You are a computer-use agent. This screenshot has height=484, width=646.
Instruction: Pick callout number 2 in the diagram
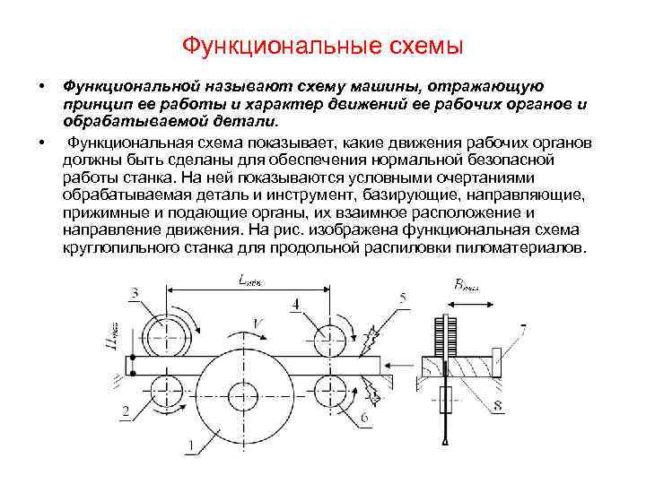(x=126, y=411)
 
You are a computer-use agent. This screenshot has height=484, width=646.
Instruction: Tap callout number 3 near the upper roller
(x=135, y=293)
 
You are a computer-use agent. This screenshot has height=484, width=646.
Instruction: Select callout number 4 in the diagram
(x=296, y=305)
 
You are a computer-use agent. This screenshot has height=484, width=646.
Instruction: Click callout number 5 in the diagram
(x=404, y=297)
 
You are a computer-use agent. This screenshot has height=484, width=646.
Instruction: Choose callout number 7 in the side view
(x=523, y=329)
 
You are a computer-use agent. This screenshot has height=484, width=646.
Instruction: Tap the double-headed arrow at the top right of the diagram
(x=466, y=302)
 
